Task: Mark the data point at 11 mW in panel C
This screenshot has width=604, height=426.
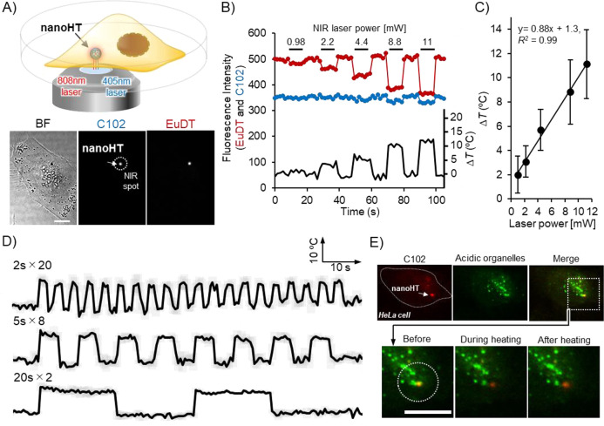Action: tap(587, 64)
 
